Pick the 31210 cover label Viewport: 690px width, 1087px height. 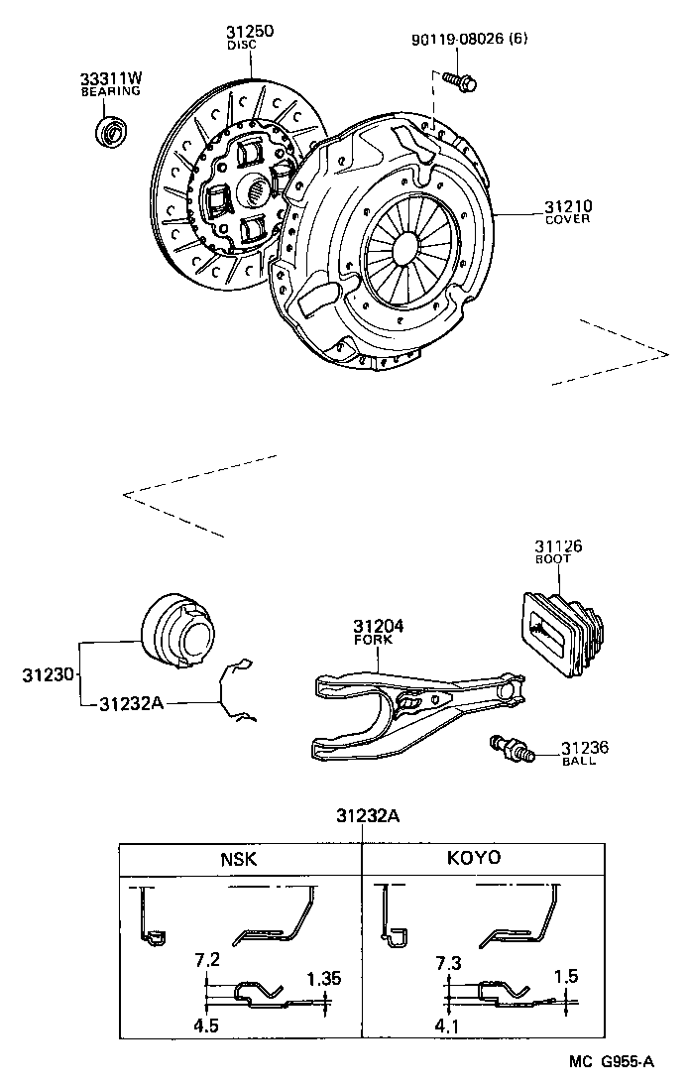tap(567, 208)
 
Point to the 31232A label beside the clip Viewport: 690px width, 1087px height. tap(131, 703)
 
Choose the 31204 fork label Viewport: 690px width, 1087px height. tap(373, 628)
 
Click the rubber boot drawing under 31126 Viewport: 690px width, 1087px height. tap(560, 636)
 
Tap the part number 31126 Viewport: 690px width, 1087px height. tap(558, 546)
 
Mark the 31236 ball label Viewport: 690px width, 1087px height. tap(585, 750)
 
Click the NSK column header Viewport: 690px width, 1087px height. tap(238, 859)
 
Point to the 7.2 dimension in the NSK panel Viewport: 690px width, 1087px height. tap(206, 959)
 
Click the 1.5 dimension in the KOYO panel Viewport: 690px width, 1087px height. tap(566, 977)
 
